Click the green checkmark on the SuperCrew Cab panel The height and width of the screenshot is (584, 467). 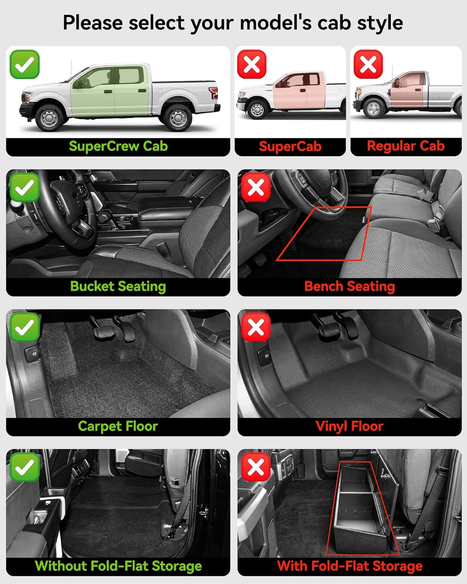(x=25, y=64)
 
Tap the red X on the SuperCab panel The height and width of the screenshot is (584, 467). (x=252, y=64)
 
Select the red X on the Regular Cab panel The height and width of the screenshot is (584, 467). (x=368, y=64)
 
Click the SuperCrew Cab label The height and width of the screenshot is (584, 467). (x=118, y=146)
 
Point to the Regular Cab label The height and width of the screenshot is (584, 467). (x=406, y=146)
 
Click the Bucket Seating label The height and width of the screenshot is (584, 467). (x=118, y=287)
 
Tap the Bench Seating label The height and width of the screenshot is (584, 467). (x=349, y=287)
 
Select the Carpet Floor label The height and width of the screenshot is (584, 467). (x=118, y=426)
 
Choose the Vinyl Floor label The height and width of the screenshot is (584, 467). (x=349, y=426)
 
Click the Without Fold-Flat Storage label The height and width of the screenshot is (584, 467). (x=118, y=566)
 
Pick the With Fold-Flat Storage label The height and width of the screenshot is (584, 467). (x=349, y=566)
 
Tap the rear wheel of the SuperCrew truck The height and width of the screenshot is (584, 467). (x=177, y=116)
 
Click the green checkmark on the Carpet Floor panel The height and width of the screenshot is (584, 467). (x=25, y=327)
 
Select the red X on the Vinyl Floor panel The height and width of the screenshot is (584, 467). (x=256, y=327)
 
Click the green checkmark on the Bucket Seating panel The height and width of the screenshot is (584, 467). (x=25, y=188)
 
